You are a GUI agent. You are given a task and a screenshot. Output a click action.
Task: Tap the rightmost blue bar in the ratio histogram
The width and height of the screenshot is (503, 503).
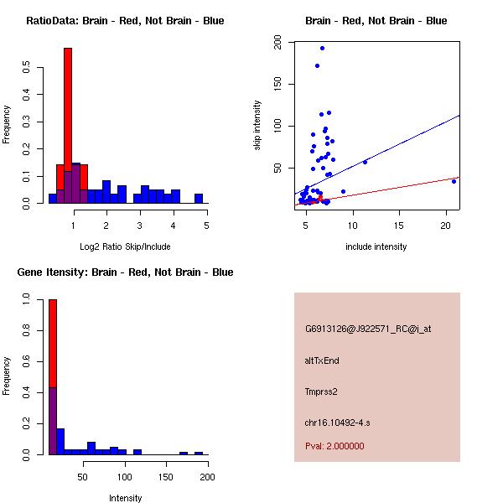[199, 199]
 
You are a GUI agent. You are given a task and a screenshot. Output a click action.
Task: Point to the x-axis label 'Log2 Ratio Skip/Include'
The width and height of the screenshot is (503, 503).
[125, 246]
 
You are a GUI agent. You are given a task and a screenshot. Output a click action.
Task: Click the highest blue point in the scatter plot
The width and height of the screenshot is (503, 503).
[322, 49]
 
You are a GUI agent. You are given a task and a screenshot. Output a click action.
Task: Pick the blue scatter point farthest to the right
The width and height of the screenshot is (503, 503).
[454, 181]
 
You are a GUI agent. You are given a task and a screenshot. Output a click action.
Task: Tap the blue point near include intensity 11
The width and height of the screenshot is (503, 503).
[365, 162]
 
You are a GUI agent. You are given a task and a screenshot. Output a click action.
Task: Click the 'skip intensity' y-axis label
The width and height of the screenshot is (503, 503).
[257, 126]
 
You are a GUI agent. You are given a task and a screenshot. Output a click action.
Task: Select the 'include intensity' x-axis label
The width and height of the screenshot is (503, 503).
[376, 246]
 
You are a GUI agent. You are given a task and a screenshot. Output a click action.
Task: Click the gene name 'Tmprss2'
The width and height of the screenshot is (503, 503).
[321, 392]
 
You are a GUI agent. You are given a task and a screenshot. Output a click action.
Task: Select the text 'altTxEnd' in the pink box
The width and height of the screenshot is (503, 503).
[322, 360]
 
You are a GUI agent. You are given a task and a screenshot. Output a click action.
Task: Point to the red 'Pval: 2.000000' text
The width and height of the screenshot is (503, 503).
[334, 446]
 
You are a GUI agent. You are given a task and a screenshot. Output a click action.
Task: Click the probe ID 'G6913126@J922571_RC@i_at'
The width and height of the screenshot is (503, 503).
[368, 329]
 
